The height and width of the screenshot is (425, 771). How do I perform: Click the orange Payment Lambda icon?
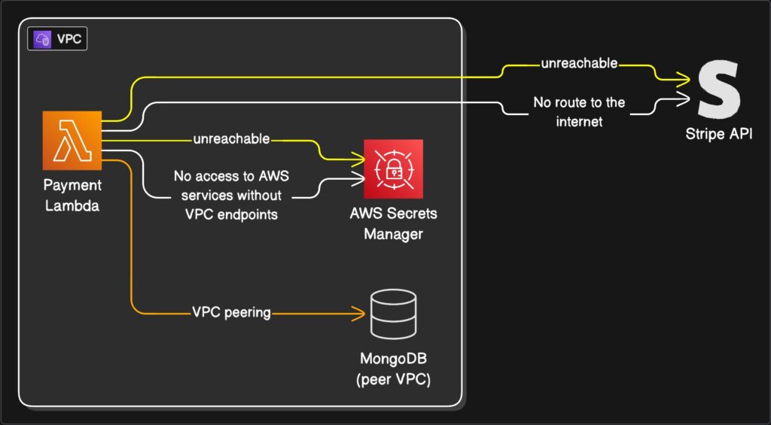tap(72, 141)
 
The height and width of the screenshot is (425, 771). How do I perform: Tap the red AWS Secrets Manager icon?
tap(393, 168)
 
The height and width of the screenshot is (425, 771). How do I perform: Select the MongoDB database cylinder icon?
tap(393, 314)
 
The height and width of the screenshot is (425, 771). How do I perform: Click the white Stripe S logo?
tap(718, 90)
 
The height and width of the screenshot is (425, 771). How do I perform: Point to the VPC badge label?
tap(57, 39)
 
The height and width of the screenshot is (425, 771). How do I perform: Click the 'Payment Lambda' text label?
tap(72, 196)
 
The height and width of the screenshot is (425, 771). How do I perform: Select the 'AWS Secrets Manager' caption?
tap(393, 223)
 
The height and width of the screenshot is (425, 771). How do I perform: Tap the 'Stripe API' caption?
tap(719, 135)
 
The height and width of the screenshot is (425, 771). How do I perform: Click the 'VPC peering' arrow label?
tap(231, 312)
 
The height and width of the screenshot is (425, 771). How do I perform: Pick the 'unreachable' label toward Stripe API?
tap(579, 64)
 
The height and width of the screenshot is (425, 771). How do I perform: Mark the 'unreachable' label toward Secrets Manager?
tap(231, 140)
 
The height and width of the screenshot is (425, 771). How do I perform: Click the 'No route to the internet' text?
tap(579, 111)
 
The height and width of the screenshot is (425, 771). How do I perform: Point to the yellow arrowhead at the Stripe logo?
tap(684, 77)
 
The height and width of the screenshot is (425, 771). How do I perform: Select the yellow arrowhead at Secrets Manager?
tap(359, 159)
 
